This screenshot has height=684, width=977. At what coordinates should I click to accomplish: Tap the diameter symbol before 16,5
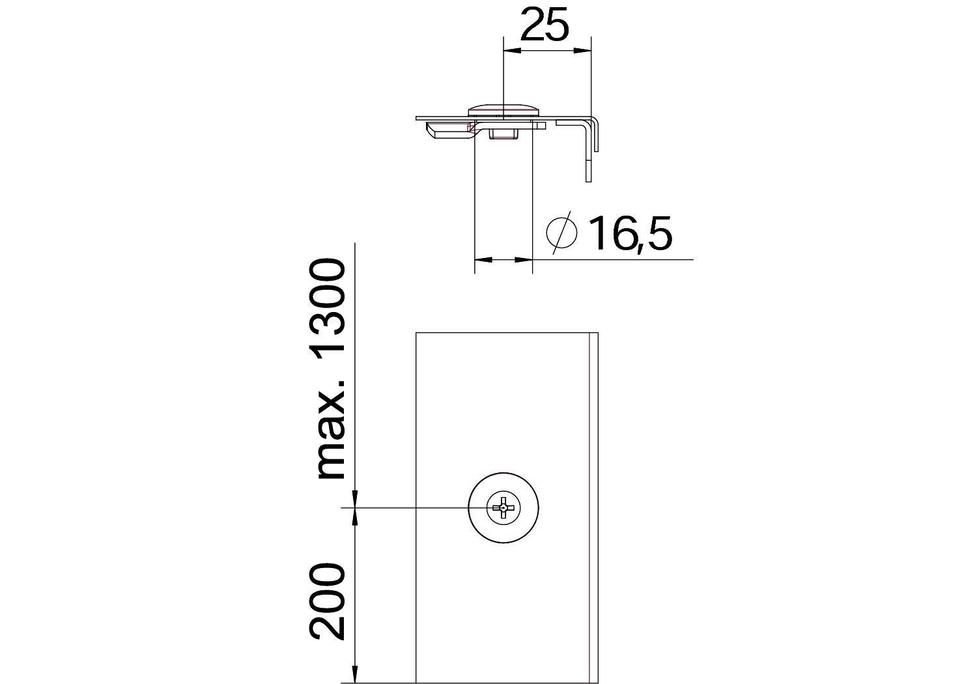click(561, 232)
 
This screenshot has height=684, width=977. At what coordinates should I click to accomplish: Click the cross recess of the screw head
click(503, 507)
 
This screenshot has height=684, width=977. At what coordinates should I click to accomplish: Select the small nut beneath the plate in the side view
click(503, 134)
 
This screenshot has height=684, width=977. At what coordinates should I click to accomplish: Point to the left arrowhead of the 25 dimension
click(511, 50)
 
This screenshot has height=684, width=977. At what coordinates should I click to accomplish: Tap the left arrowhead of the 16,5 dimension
click(481, 259)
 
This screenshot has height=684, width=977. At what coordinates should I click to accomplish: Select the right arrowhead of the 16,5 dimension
click(525, 259)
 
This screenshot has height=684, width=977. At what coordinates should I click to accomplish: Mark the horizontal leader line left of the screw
click(410, 507)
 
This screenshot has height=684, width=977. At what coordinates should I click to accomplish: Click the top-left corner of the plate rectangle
click(416, 333)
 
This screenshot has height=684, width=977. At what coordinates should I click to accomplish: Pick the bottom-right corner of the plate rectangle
click(597, 683)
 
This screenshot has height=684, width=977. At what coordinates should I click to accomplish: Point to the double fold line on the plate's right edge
click(593, 508)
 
